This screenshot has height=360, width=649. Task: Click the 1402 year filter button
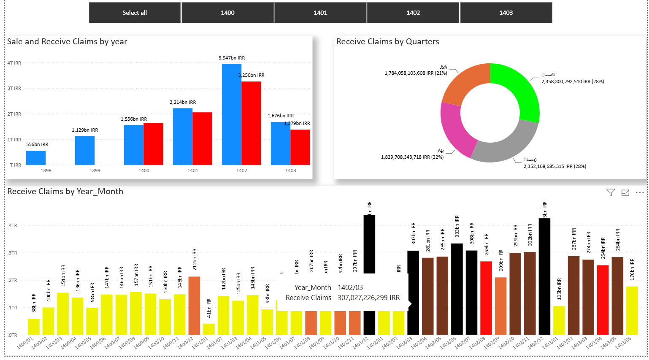pos(413,13)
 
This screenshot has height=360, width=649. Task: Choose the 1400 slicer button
pos(227,13)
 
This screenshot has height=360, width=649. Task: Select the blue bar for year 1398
pos(36,157)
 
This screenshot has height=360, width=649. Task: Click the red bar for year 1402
pos(251,123)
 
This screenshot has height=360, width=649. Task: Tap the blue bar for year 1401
pos(183,136)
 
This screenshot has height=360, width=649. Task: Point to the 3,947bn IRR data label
pos(232,58)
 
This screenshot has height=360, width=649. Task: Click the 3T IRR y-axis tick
pos(14,88)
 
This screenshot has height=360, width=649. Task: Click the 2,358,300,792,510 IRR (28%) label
pos(573,81)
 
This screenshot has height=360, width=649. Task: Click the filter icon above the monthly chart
pos(611,192)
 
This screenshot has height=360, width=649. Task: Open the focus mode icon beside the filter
pos(625,192)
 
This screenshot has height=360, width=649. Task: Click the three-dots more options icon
pos(640,192)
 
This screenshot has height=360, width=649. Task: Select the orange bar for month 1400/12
pos(194,306)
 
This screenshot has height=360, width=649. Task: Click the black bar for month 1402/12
pos(544,276)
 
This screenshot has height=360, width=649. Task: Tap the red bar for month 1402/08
pos(486,298)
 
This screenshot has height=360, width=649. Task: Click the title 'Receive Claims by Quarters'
pos(387,41)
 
